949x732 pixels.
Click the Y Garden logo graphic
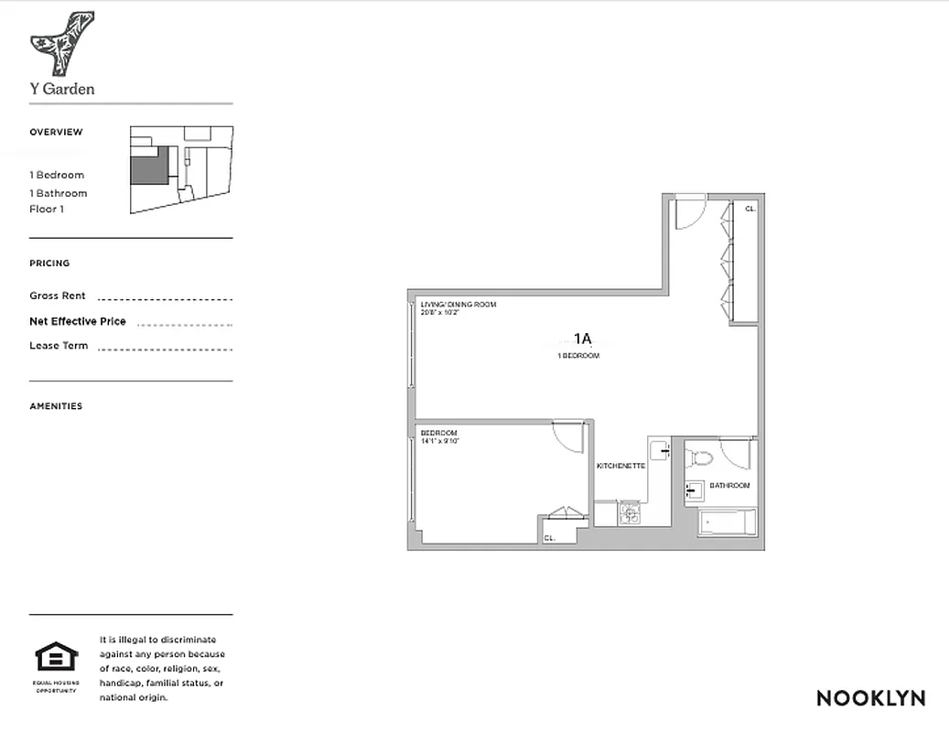61,43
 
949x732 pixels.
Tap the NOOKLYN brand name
870,698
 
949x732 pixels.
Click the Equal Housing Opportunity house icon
57,658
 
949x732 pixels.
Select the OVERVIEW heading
56,132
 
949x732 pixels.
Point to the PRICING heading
49,264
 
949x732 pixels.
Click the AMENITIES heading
56,406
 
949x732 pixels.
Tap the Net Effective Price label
78,322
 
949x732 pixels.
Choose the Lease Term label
59,346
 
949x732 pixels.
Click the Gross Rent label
58,296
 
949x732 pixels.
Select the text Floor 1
47,210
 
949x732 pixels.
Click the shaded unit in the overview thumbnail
146,166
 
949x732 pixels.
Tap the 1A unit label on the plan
583,338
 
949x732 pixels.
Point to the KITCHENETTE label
620,466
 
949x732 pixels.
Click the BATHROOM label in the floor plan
729,485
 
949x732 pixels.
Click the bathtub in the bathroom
728,523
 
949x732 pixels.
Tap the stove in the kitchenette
630,514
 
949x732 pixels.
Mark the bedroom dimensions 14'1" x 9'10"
439,441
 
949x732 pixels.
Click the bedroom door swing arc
569,436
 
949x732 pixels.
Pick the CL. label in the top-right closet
749,209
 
